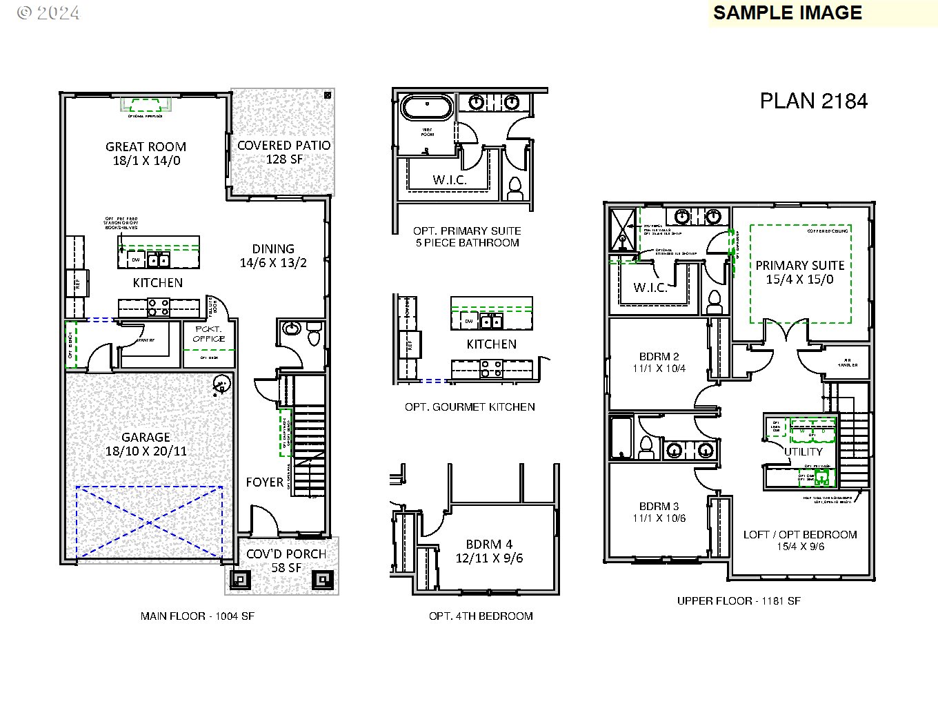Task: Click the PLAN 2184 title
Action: coord(813,101)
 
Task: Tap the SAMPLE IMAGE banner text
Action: coord(787,13)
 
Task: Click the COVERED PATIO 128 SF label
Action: coord(283,152)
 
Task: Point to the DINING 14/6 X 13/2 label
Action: coord(273,255)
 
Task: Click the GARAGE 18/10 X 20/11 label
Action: coord(146,444)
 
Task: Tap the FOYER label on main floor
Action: coord(264,482)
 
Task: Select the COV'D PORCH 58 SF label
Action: coord(286,560)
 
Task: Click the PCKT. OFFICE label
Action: coord(209,334)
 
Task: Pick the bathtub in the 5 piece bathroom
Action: coord(428,108)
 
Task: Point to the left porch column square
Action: coord(240,579)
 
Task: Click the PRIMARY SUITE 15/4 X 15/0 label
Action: coord(799,272)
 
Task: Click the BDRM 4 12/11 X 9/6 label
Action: coord(488,551)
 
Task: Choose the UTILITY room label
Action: coord(804,451)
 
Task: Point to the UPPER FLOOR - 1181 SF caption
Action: coord(739,601)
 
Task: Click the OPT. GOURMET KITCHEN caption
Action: coord(470,407)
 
